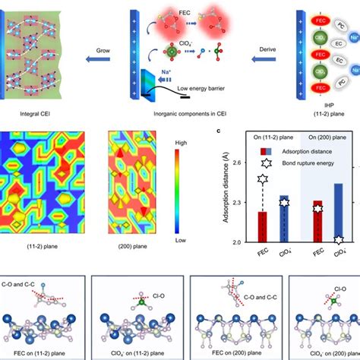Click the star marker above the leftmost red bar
coord(263,180)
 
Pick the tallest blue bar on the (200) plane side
coord(338,213)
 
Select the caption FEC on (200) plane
coord(224,353)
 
